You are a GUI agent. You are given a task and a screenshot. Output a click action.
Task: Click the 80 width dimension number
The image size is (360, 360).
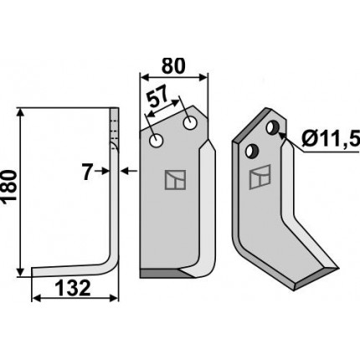coord(173,66)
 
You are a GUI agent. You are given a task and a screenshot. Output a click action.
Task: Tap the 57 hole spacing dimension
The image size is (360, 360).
coord(158,96)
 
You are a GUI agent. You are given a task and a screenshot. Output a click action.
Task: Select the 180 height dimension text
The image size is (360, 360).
coord(9,186)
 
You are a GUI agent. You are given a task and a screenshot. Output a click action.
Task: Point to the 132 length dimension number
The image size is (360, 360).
coord(73,288)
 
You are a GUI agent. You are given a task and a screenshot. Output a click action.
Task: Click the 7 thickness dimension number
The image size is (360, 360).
coord(87,172)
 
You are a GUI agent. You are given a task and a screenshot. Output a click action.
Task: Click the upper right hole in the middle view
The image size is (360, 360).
coord(190,123)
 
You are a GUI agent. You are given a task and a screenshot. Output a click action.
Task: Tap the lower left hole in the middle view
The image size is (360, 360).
coord(157,141)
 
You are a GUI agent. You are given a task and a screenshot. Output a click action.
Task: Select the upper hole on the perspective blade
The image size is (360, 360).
coord(273,127)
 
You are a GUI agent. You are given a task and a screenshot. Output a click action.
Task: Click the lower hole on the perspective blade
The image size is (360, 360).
coord(253,151)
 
